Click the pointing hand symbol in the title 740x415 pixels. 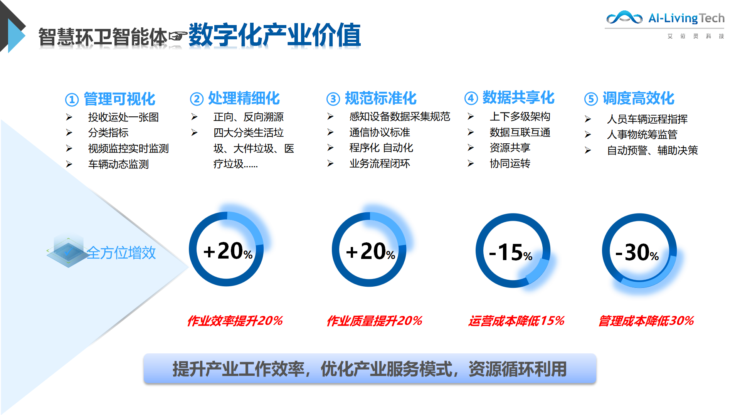pos(178,36)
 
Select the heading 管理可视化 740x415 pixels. pos(119,99)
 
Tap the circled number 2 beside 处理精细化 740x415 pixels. pos(197,99)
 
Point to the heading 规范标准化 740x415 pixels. pos(381,98)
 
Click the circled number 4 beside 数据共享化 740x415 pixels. pos(471,98)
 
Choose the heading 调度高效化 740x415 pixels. pos(639,98)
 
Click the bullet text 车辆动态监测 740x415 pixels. pos(118,164)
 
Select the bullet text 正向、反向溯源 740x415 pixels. pos(249,117)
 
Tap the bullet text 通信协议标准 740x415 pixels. pos(380,132)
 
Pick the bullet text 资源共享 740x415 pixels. pos(510,148)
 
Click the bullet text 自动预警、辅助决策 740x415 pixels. pos(653,150)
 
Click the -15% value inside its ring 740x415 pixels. pos(511,253)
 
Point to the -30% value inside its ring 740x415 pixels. pos(637,253)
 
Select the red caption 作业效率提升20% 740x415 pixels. pos(235,321)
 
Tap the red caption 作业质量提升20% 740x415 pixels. pos(375,321)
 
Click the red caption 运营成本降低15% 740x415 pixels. pos(516,321)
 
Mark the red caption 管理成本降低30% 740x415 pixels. pos(646,321)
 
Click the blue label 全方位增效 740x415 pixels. pos(121,253)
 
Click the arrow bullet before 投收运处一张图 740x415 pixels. pos(69,117)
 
